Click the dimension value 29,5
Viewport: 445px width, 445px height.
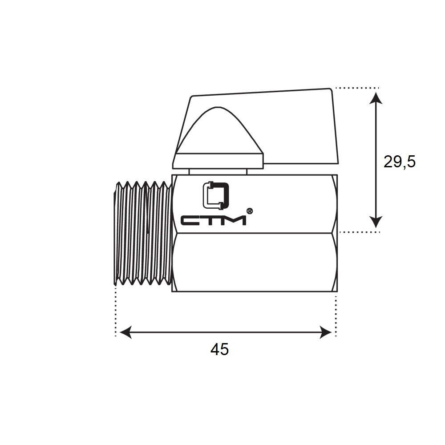[x=399, y=162]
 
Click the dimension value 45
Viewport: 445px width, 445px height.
[x=219, y=349]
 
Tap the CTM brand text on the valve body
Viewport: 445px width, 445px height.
[x=214, y=221]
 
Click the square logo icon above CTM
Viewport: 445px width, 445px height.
[x=216, y=195]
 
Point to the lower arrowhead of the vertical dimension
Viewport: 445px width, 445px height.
[x=376, y=221]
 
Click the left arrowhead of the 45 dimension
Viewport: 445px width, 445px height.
[x=126, y=332]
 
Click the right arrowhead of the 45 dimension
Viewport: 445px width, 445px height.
[x=326, y=332]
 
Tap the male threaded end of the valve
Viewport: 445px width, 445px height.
[x=143, y=233]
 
